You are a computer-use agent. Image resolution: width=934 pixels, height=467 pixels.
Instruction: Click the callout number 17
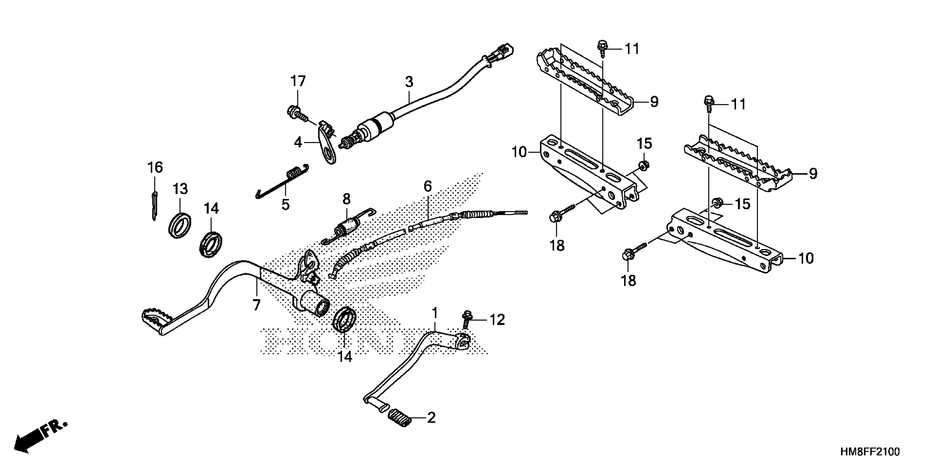pos(298,82)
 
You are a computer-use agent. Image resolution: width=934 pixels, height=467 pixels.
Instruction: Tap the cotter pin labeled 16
pos(154,206)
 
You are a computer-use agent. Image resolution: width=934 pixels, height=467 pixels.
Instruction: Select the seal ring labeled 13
pos(180,226)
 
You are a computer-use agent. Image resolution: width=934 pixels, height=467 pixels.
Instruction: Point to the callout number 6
pos(428,187)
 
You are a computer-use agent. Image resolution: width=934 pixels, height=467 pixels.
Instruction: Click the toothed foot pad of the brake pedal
pos(156,316)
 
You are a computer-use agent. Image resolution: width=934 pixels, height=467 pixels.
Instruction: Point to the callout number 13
pos(180,189)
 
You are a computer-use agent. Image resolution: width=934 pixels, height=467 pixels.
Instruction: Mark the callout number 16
pos(155,168)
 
